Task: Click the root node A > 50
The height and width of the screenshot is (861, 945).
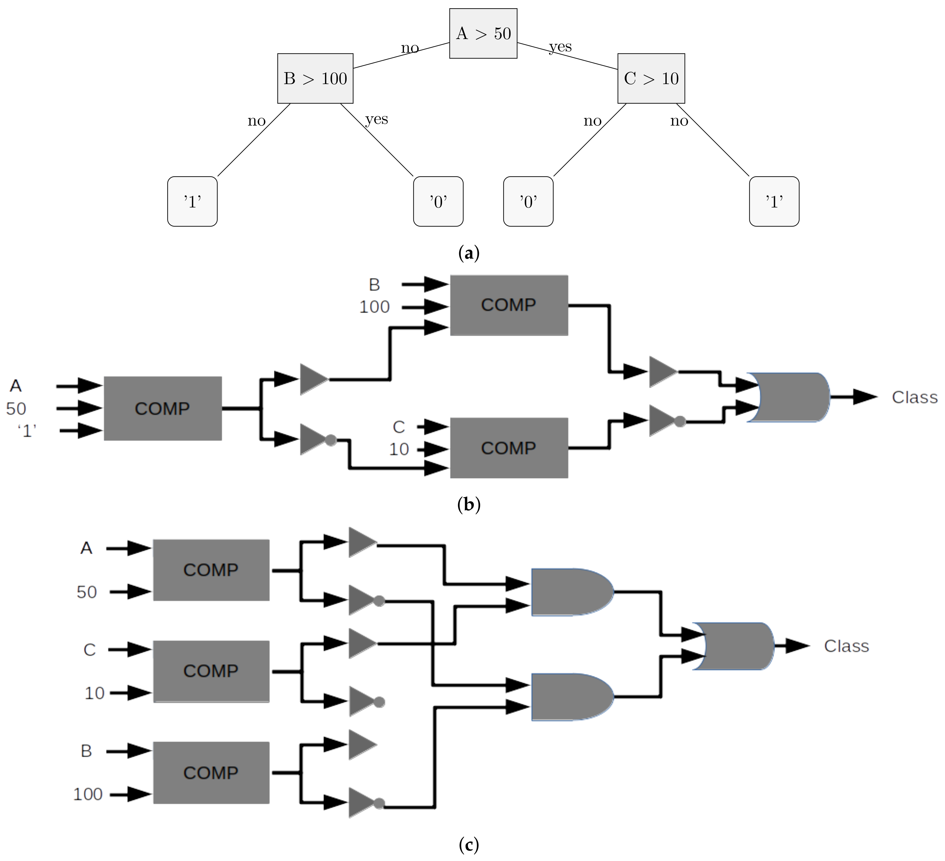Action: (483, 33)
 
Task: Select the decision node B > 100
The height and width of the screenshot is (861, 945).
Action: (315, 78)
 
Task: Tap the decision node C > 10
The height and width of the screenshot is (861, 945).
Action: (651, 78)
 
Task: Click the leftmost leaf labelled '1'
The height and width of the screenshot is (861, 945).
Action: (192, 202)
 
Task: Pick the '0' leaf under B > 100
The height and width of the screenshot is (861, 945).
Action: (438, 202)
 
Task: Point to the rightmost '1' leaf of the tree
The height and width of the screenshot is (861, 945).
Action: (774, 202)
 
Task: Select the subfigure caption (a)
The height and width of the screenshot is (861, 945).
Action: (468, 253)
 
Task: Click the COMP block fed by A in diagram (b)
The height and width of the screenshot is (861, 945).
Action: (162, 408)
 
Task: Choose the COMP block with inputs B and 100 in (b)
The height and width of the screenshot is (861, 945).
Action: (509, 305)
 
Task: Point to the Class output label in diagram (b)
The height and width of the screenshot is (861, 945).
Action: (914, 397)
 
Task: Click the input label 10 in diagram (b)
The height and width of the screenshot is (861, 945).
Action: (399, 449)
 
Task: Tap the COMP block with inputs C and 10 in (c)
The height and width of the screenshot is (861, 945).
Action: (211, 671)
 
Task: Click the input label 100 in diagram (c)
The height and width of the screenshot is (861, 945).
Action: (88, 794)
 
